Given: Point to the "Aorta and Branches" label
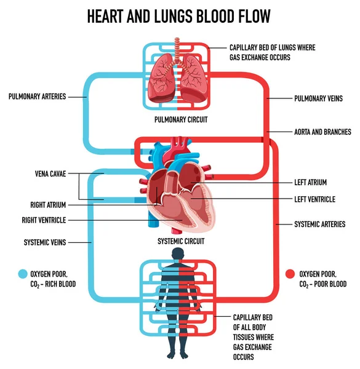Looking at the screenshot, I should click(322, 132).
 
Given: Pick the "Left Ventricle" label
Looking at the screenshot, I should click(314, 199).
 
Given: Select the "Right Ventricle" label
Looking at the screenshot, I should click(44, 220).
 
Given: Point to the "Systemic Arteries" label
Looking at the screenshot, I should click(319, 224).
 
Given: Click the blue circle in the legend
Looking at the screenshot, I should click(23, 274).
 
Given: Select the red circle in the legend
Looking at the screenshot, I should click(289, 273).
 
